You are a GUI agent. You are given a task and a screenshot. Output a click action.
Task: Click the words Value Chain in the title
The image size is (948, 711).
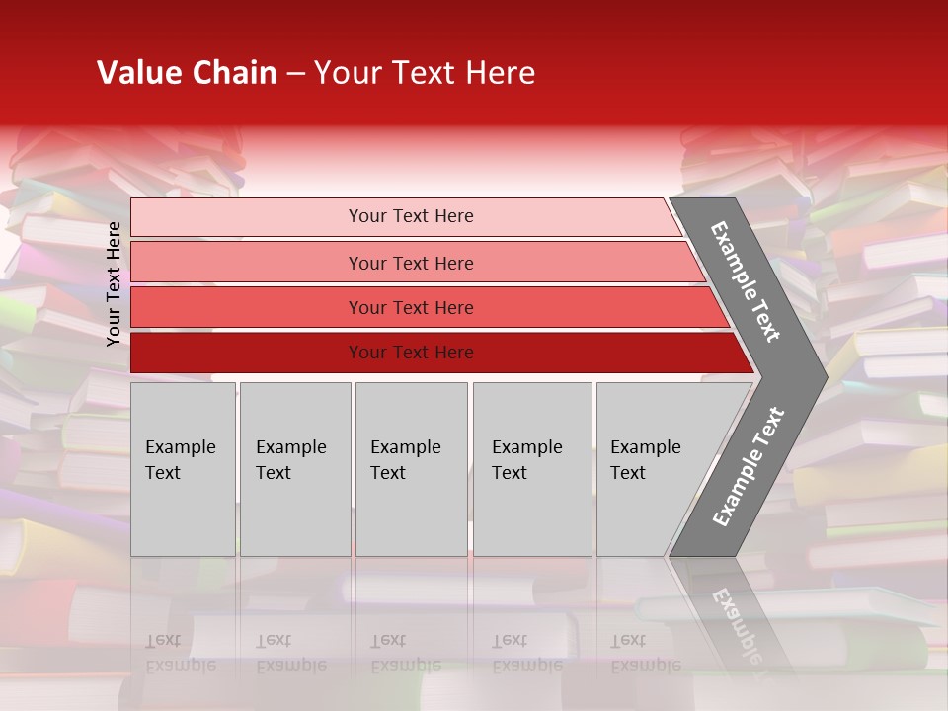click(187, 73)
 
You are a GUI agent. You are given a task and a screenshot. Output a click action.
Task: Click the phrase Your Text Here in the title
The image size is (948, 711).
click(425, 73)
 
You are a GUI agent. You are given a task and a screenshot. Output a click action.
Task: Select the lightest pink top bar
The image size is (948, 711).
click(247, 217)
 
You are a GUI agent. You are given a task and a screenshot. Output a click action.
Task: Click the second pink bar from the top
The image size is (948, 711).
click(247, 263)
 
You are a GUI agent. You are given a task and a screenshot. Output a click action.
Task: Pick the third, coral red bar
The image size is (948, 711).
click(247, 307)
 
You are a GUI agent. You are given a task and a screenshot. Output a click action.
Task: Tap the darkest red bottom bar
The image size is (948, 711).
click(247, 353)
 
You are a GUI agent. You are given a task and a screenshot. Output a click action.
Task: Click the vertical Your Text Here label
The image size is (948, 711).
click(114, 283)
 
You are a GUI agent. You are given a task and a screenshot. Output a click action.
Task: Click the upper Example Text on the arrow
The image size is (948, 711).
click(746, 281)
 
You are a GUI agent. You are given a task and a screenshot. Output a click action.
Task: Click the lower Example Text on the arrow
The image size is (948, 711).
click(748, 467)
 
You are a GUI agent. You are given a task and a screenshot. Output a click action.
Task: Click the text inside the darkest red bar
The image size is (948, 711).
click(411, 353)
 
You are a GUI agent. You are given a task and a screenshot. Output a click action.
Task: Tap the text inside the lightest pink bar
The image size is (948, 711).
click(411, 216)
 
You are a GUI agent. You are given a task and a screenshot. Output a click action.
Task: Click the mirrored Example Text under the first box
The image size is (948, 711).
click(180, 653)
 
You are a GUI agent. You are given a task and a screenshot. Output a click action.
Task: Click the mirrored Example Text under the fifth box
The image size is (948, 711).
click(645, 653)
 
